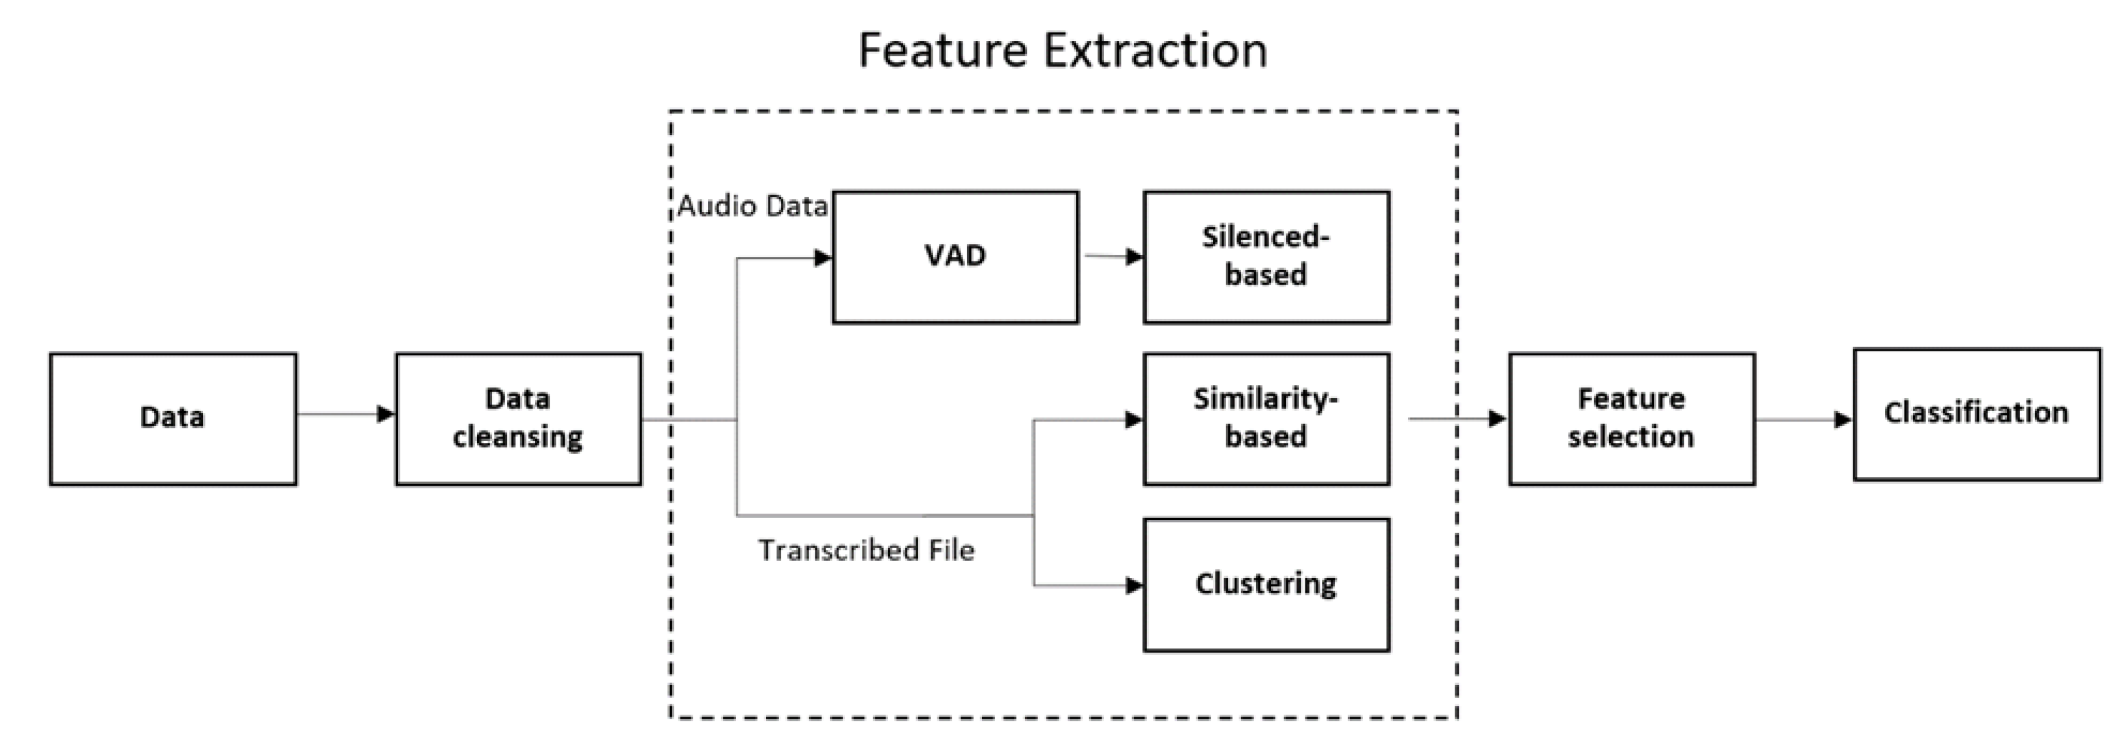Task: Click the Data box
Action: tap(173, 419)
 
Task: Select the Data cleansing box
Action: tap(519, 419)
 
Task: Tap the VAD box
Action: tap(955, 257)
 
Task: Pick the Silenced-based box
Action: tap(1266, 257)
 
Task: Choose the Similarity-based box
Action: tap(1266, 419)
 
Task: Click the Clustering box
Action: tap(1266, 585)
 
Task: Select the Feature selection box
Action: tap(1632, 419)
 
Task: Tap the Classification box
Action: tap(1977, 414)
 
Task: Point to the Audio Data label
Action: tap(752, 206)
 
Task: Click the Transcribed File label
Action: tap(866, 550)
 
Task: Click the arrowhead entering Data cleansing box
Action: tap(386, 414)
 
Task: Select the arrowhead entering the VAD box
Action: tap(823, 258)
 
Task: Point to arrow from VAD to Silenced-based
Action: tap(1114, 256)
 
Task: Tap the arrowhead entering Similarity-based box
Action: tap(1134, 420)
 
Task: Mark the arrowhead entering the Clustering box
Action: tap(1134, 586)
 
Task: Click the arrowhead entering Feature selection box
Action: tap(1498, 419)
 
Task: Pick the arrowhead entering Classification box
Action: tap(1843, 420)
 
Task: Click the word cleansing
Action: tap(518, 437)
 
